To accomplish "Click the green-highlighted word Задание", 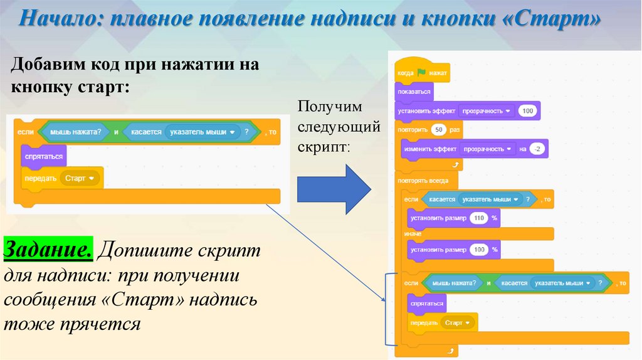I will tap(49, 250).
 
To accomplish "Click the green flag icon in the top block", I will tap(421, 73).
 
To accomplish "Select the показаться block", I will tap(413, 92).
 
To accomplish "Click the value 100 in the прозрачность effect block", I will tap(527, 112).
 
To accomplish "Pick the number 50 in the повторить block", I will tap(439, 130).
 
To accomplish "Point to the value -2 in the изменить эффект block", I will tap(537, 149).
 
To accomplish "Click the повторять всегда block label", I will tap(423, 181).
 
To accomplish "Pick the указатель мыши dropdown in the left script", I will tap(206, 132).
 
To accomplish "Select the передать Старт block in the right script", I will tap(437, 322).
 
